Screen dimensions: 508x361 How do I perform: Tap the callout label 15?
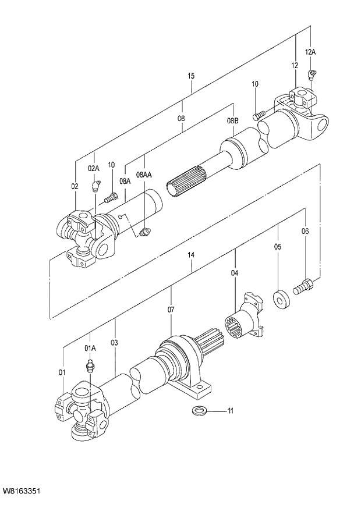(191, 76)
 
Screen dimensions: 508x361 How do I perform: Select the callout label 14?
(191, 255)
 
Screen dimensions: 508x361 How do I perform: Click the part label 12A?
(310, 52)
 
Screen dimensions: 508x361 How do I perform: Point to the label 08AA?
(144, 175)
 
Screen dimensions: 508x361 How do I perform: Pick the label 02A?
(94, 168)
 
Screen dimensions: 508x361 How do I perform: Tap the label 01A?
(90, 348)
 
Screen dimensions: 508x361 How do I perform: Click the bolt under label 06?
(303, 286)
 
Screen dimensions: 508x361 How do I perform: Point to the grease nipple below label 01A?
(90, 368)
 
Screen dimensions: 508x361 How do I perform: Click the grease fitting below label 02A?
(95, 187)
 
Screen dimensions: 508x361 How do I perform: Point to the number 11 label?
(230, 411)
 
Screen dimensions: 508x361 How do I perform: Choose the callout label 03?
(115, 343)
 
